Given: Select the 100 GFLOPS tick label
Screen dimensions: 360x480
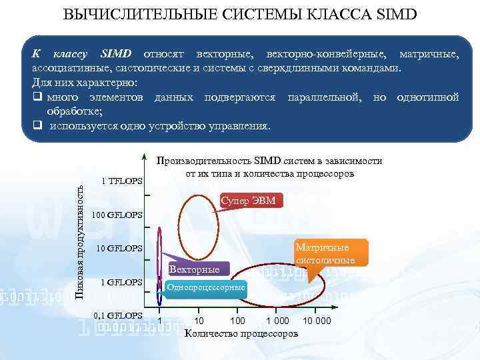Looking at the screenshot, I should pos(118,215).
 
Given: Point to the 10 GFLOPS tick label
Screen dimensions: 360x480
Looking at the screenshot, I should pos(119,249).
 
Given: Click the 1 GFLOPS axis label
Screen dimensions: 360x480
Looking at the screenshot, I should pos(121,282).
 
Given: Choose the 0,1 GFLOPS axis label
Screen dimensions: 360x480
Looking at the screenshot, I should pos(118,315).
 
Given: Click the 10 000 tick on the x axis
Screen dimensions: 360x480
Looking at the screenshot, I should pos(316,321).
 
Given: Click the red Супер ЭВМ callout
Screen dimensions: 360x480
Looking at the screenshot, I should pos(252,201).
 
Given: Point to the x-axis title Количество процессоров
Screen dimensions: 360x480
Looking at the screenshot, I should pos(241,333).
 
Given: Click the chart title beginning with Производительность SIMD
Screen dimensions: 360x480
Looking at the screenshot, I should pos(269,167).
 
